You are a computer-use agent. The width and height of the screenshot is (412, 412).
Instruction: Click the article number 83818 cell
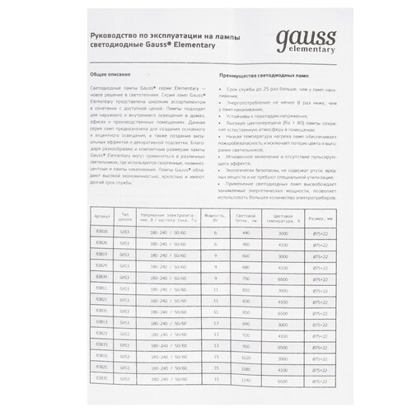(102, 233)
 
